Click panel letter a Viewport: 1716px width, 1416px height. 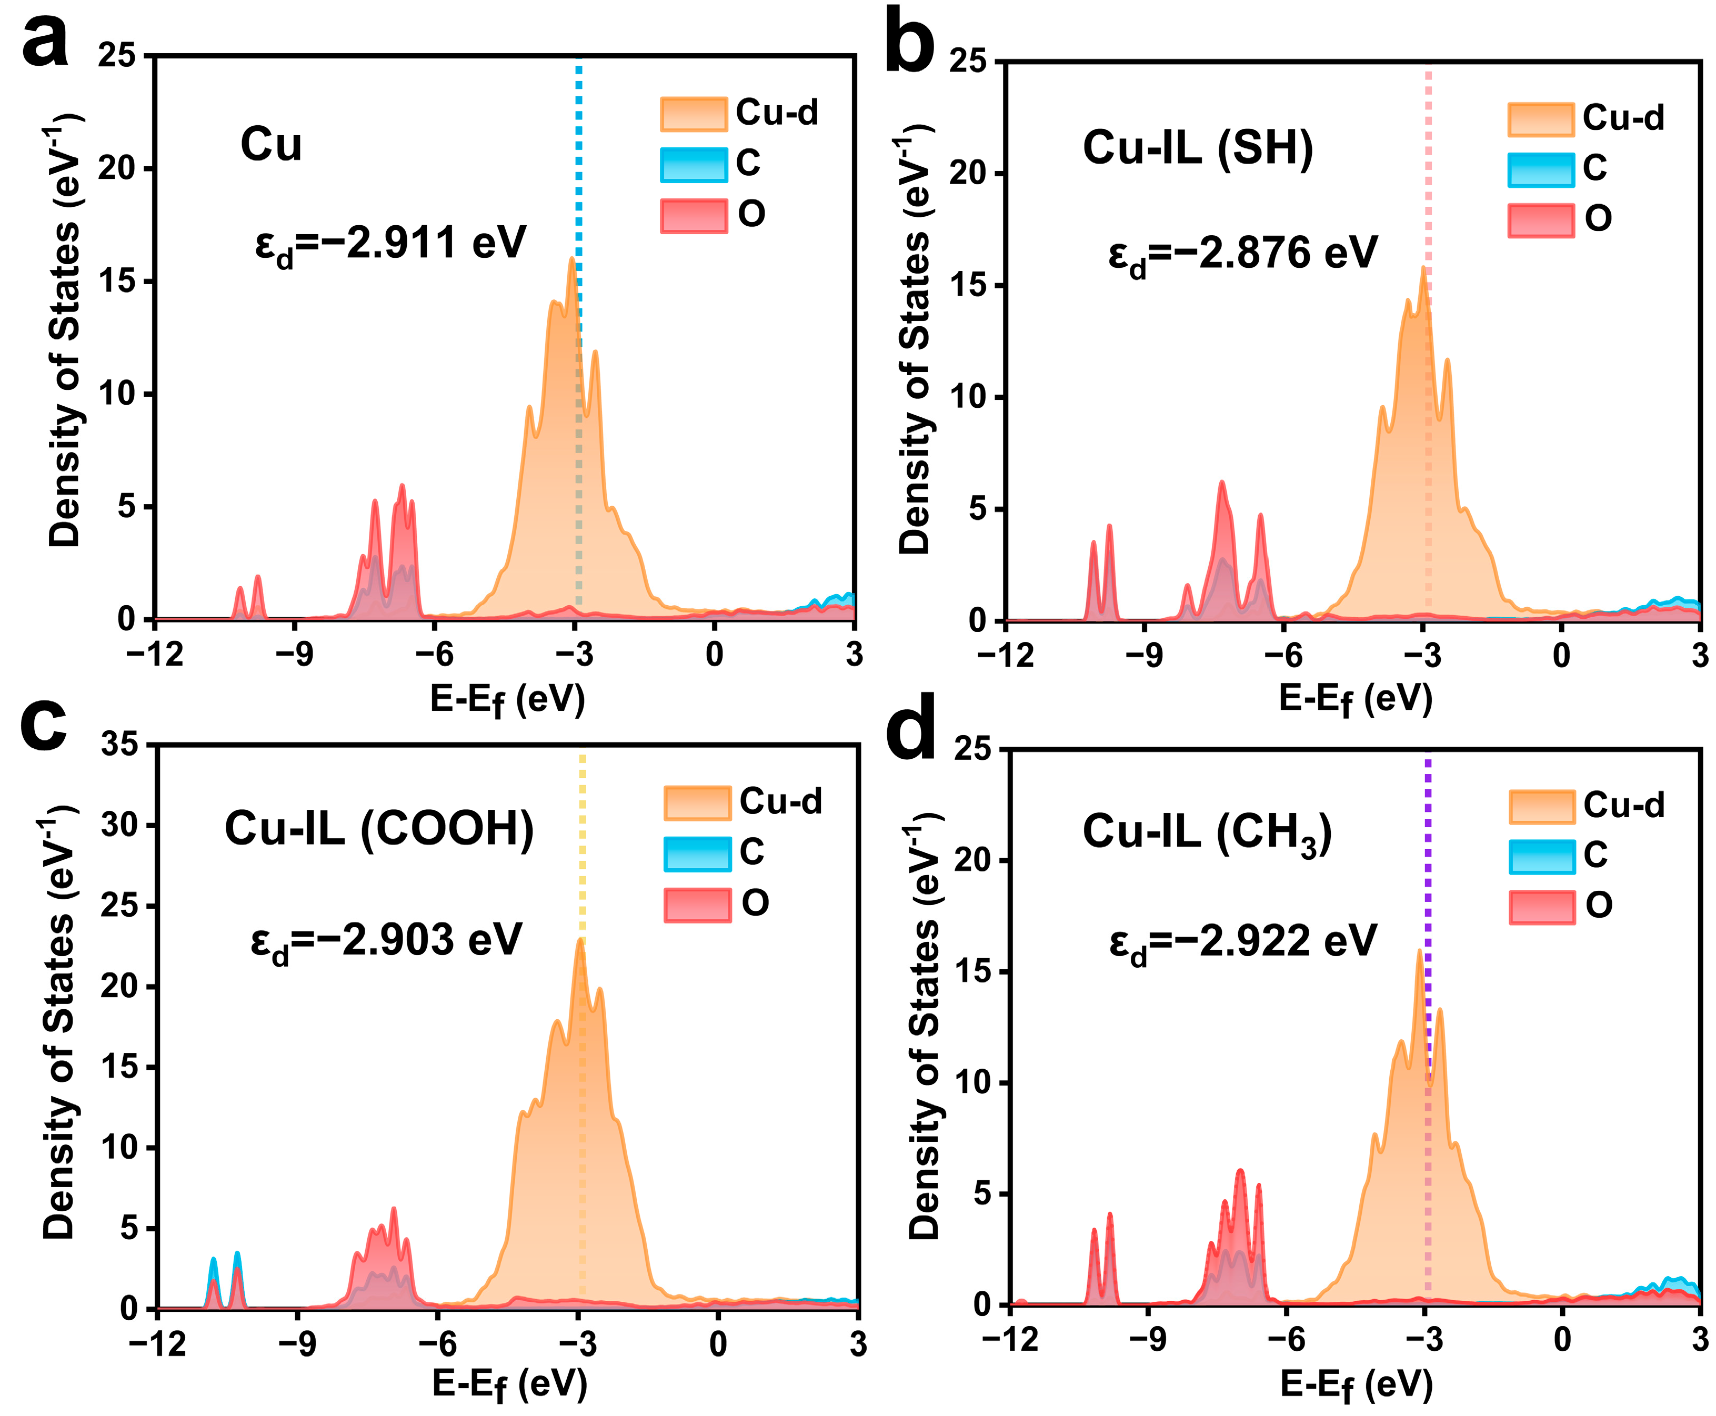[x=45, y=41]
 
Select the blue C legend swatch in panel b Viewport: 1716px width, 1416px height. [x=1539, y=169]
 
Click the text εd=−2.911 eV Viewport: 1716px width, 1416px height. [x=390, y=243]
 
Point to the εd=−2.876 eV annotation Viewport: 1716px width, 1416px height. [x=1241, y=253]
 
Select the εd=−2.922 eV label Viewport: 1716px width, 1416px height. [x=1242, y=941]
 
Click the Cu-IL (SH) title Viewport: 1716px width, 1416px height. [x=1197, y=148]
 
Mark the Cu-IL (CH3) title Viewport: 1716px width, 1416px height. [x=1206, y=833]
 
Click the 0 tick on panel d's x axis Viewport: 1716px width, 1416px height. [x=1562, y=1339]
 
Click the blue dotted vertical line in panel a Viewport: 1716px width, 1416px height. [x=578, y=163]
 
